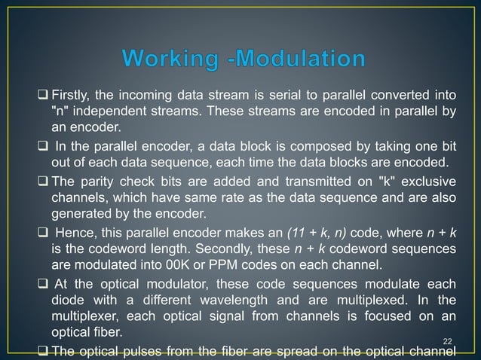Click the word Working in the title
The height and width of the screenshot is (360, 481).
click(163, 59)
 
